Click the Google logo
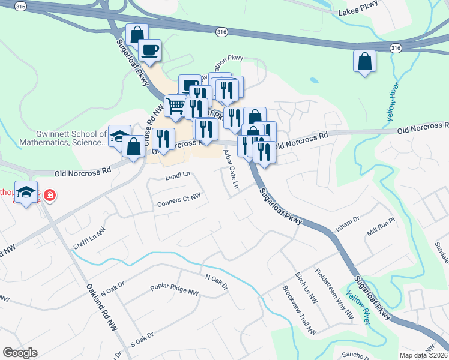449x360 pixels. point(20,353)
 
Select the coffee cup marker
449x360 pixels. point(149,50)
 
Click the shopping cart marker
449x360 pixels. point(175,106)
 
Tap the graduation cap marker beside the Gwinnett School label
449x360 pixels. point(119,137)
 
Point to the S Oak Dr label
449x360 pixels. point(142,340)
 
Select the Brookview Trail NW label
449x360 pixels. point(299,310)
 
